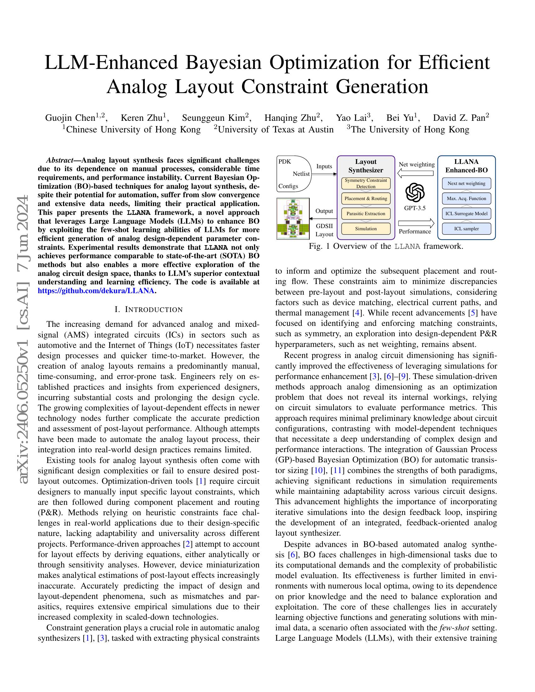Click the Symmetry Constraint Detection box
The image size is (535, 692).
tap(366, 183)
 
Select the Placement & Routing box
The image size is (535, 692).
tap(366, 199)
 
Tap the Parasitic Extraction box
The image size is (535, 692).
tap(366, 214)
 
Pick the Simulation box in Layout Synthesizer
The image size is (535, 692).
tap(366, 229)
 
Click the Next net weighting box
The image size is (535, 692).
tap(466, 183)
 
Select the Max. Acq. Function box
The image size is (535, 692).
tap(466, 199)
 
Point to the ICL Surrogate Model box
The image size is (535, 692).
tap(466, 214)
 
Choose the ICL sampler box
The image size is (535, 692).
tap(466, 229)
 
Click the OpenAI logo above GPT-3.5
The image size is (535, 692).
tap(415, 192)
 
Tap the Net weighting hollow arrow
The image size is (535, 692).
tap(415, 173)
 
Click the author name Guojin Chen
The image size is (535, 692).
tap(70, 118)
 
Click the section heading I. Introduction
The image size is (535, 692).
tap(148, 310)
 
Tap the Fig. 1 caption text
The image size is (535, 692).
tap(386, 246)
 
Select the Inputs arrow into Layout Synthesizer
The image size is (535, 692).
tap(324, 174)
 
